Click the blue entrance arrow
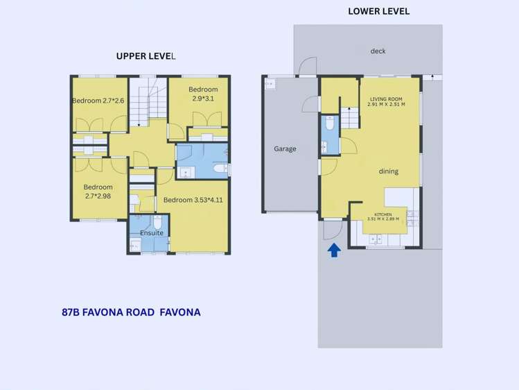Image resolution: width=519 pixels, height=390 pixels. [x=334, y=250]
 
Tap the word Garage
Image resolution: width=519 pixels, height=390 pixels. [x=285, y=149]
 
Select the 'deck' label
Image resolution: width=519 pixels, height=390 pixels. [x=378, y=51]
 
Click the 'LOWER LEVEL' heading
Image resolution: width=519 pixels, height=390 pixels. [x=378, y=11]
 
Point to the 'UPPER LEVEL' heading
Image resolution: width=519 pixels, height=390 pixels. [x=146, y=56]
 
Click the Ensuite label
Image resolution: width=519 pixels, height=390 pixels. [x=152, y=233]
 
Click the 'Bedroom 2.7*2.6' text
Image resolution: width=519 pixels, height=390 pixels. [x=98, y=101]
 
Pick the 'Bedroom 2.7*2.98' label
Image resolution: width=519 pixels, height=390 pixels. [x=98, y=192]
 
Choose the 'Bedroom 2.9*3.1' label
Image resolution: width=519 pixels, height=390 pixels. [x=203, y=94]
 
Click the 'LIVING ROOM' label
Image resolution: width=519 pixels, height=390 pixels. [x=387, y=101]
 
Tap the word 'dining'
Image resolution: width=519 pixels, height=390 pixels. [x=388, y=171]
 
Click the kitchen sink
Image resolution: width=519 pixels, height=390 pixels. [x=378, y=239]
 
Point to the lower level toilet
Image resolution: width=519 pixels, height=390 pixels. [x=329, y=124]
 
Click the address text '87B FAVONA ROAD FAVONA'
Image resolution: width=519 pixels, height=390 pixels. [x=131, y=312]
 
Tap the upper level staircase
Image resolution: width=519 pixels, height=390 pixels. [x=150, y=101]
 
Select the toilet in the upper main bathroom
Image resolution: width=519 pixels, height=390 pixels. [x=220, y=167]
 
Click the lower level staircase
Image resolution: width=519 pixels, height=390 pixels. [x=350, y=118]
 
